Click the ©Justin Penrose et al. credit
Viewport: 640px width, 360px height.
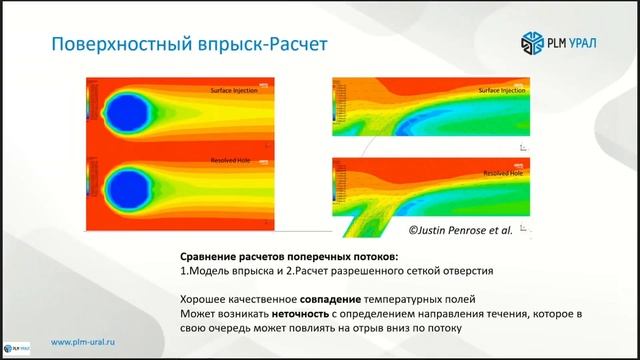click(459, 229)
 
